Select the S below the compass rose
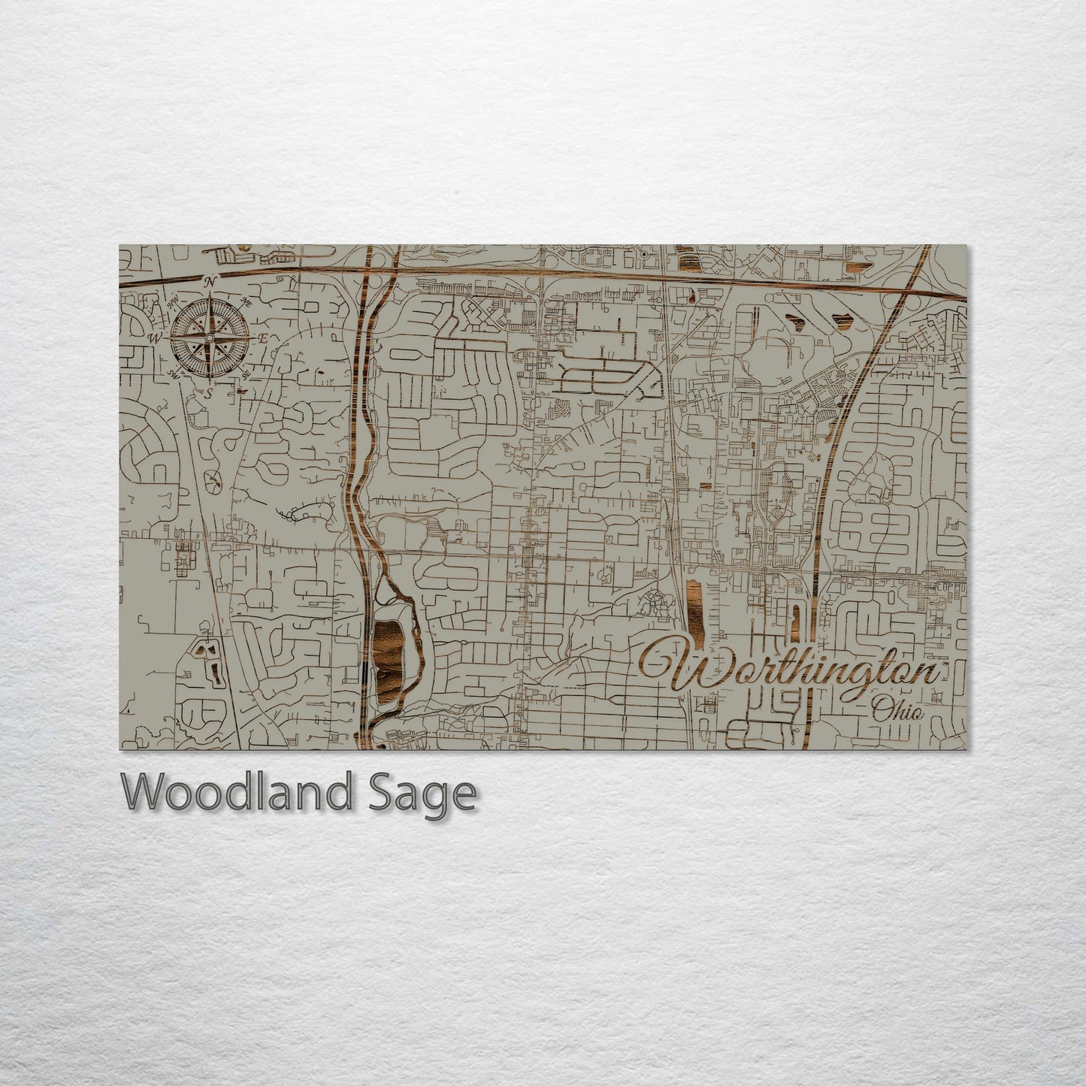tap(210, 391)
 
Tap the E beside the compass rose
tap(263, 338)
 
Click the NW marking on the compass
tap(174, 301)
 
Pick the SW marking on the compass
tap(174, 373)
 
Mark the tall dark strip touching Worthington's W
tap(693, 609)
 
